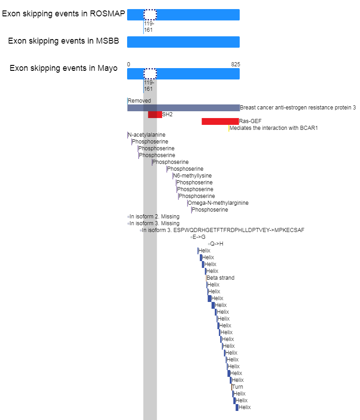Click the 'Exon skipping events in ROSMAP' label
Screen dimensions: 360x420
coord(64,14)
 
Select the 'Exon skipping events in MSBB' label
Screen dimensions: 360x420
coord(64,41)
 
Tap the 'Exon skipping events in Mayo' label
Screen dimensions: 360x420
coord(64,68)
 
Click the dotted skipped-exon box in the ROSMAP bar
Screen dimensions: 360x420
coord(150,15)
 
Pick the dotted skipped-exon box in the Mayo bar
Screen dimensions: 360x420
coord(150,74)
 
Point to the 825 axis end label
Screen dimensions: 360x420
coord(236,64)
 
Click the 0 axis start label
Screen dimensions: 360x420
coord(128,64)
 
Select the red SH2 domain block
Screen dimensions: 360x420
coord(155,114)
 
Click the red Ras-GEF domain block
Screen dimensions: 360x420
coord(220,121)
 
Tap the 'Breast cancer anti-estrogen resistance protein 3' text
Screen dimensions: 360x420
coord(298,108)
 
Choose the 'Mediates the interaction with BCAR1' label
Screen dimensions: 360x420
coord(273,128)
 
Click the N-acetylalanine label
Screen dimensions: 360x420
coord(147,135)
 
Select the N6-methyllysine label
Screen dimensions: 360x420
coord(192,176)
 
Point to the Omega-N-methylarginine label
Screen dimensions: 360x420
coord(218,203)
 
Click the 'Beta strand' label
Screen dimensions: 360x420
coord(221,278)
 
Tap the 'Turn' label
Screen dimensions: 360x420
coord(237,387)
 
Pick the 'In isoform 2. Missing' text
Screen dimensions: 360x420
coord(154,217)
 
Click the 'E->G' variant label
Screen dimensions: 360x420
coord(199,237)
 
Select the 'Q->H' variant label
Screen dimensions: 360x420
coord(217,244)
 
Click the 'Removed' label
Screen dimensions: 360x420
coord(139,101)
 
